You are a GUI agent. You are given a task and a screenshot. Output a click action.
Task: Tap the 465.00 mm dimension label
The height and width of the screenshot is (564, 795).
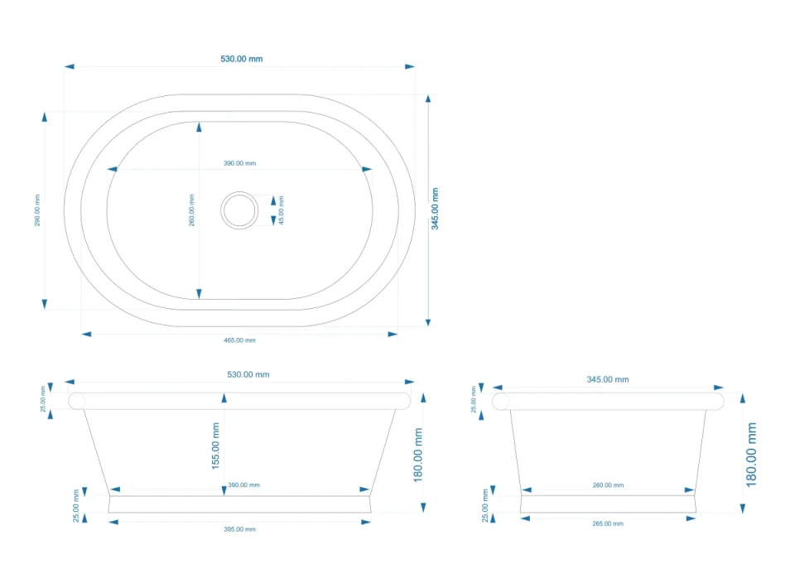coord(239,340)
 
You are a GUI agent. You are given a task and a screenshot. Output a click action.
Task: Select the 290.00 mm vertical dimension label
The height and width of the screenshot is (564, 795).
coord(37,210)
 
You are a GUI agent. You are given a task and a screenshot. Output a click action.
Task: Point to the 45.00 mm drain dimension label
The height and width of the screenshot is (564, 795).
coord(281,210)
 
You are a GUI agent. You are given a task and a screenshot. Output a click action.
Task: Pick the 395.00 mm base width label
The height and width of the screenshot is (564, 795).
coord(239,528)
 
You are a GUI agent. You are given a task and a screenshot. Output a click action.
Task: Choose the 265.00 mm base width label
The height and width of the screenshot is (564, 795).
coord(608,523)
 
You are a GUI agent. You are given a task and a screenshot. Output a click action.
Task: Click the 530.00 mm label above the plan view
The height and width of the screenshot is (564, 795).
coord(241,59)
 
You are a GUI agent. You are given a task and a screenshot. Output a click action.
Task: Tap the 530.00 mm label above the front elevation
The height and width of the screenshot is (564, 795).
coord(248,374)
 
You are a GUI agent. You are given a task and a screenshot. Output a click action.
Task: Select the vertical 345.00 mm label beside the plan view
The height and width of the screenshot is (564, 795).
coord(435,210)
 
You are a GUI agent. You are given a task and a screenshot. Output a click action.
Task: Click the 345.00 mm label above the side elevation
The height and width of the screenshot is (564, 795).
coord(607,379)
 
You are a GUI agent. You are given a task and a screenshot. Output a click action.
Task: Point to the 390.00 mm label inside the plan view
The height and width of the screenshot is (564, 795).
coord(239,163)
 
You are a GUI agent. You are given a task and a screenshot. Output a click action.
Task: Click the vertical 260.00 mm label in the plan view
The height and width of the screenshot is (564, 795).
coord(192,210)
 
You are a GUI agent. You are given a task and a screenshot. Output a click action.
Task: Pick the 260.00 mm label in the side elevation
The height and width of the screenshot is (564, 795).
coord(608,484)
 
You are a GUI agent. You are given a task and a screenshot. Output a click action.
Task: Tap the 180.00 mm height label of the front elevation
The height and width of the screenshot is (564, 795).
coord(418,455)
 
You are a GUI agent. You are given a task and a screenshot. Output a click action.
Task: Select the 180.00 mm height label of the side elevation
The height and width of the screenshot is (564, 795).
coord(751,454)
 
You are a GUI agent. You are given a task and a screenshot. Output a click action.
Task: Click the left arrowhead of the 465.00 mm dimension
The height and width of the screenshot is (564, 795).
coord(86,334)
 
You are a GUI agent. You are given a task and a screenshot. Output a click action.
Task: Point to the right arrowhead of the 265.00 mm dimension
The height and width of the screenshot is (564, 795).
coord(691,518)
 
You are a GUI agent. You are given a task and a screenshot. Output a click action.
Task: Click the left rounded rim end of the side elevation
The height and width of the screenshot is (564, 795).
coord(501,401)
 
